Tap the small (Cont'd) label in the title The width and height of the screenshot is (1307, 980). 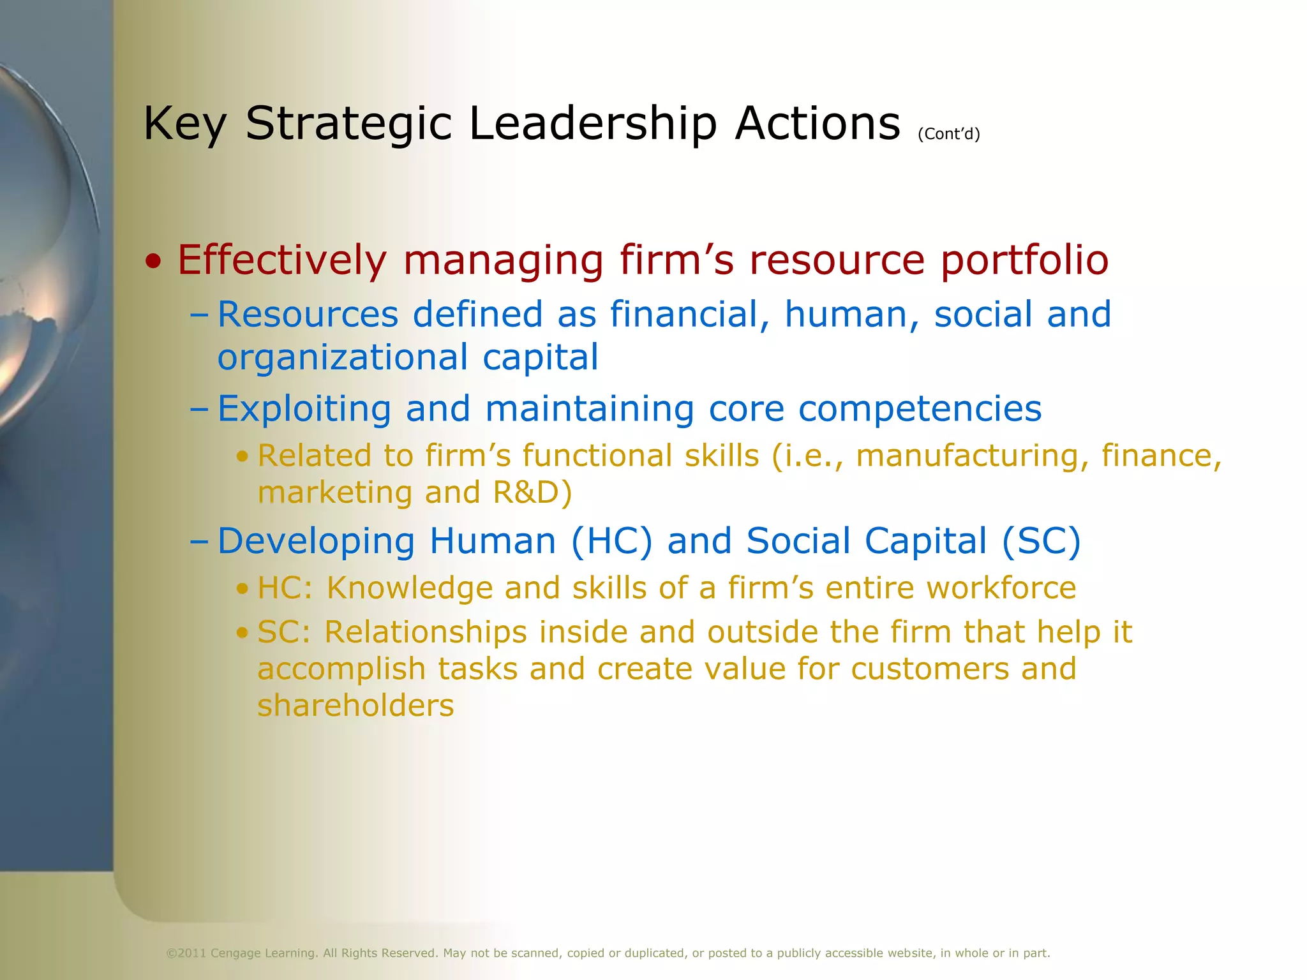948,134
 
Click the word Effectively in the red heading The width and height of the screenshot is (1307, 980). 281,260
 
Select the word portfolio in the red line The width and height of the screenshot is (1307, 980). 1024,260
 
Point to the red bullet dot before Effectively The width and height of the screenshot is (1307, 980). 153,262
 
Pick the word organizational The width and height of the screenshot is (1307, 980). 343,357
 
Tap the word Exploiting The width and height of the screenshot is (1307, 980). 304,409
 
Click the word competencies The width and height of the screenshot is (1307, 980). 920,409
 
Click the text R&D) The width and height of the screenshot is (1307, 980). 532,493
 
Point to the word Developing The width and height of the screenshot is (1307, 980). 317,542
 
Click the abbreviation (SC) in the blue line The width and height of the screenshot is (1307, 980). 1041,542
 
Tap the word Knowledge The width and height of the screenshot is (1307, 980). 410,588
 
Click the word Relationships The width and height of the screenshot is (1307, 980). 426,632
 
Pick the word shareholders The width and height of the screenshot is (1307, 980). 355,706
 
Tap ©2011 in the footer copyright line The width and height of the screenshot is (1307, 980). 186,953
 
